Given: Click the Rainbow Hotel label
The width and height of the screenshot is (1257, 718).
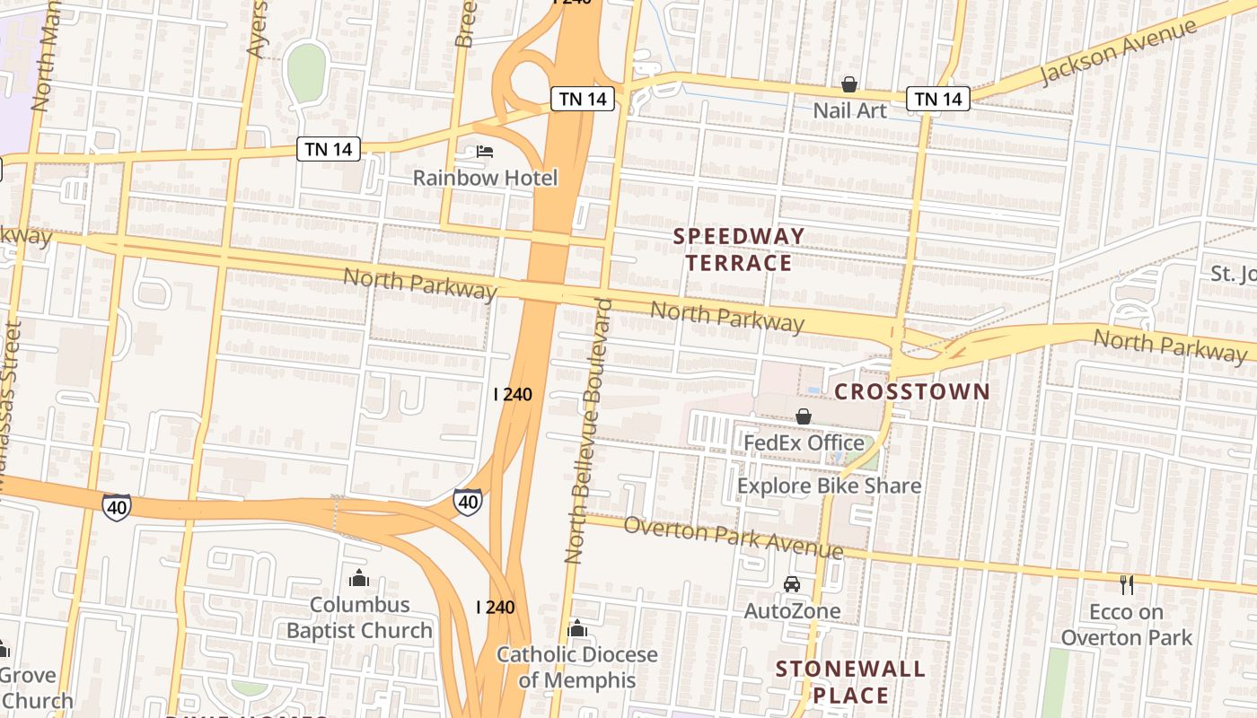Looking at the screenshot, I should (485, 178).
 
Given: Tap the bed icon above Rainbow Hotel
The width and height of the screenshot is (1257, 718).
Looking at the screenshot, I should (485, 152).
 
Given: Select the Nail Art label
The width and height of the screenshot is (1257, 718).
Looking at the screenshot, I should (849, 110).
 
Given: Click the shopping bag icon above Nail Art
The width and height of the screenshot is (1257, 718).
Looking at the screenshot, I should (848, 85).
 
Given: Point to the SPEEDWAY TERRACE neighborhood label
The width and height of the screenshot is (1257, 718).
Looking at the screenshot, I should (739, 250).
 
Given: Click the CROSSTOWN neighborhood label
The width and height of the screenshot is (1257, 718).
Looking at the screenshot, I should (912, 391).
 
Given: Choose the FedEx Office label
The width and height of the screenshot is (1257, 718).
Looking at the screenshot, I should (804, 442).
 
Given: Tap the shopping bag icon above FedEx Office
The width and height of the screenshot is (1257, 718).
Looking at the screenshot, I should (804, 416).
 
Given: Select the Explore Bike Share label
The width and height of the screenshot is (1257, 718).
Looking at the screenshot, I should (829, 486).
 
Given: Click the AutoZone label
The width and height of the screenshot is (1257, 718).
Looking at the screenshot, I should (792, 610).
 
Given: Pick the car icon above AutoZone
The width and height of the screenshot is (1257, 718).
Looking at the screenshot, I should (791, 584).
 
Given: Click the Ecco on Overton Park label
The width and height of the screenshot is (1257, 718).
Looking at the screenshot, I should (1126, 625).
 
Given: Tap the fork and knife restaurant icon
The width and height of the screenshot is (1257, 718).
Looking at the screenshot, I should (1127, 585).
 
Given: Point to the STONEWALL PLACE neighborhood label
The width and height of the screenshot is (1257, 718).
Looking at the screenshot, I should (850, 682).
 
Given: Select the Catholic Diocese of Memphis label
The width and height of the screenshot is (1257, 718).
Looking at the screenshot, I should (577, 667).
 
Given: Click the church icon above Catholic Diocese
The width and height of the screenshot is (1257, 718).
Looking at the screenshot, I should (577, 628).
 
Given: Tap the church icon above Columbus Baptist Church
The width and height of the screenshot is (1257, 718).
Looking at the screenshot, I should (359, 578).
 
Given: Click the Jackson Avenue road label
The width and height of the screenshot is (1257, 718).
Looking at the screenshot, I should (1118, 51).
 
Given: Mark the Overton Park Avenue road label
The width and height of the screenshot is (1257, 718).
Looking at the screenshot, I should (733, 538).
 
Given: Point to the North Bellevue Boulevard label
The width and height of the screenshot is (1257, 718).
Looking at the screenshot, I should (588, 431).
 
